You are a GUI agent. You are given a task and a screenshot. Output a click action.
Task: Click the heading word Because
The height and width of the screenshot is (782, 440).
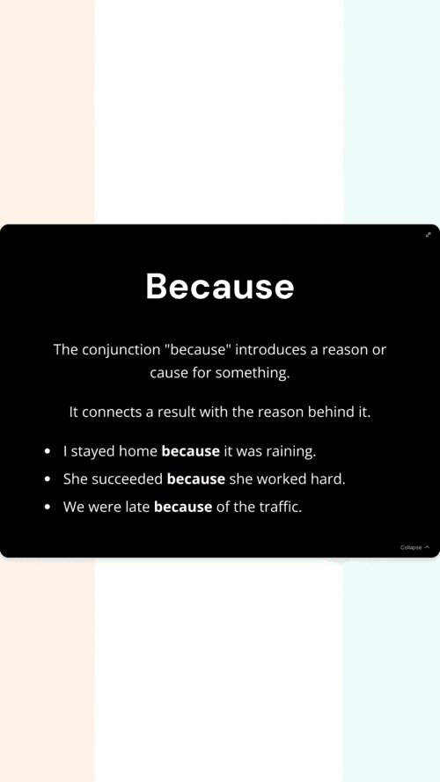[x=220, y=286]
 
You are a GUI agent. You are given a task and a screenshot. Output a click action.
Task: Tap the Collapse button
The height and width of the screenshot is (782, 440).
[x=414, y=547]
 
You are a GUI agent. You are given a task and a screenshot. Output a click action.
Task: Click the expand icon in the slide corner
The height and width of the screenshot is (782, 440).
[x=428, y=234]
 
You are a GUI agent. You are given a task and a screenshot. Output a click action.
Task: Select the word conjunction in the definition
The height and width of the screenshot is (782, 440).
[x=121, y=350]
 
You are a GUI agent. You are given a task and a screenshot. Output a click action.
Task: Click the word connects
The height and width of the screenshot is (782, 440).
[x=113, y=413]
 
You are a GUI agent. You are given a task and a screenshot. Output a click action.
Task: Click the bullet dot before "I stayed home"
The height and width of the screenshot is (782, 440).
[x=48, y=451]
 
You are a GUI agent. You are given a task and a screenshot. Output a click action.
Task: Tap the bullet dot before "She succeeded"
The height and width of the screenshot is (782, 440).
[x=48, y=479]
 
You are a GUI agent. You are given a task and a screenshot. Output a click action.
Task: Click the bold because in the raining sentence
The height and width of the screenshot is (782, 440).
[x=191, y=451]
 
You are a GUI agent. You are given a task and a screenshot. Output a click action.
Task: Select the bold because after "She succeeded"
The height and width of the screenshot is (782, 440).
[x=196, y=479]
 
